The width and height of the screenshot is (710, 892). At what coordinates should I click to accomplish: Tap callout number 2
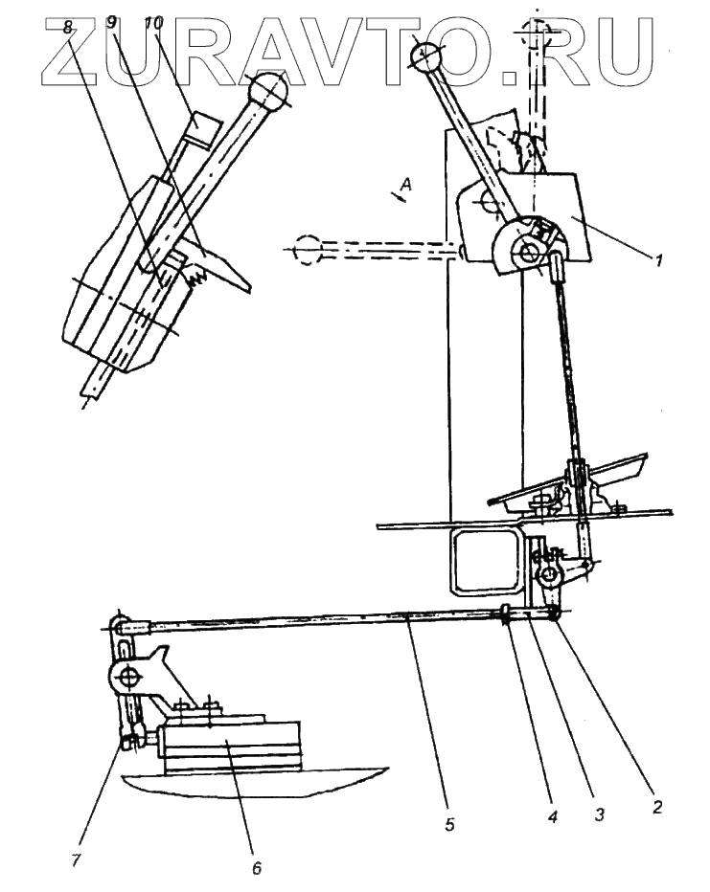pos(657,805)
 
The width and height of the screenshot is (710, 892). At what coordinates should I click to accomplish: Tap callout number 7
pos(74,859)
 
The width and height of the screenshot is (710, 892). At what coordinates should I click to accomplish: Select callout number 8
pos(67,28)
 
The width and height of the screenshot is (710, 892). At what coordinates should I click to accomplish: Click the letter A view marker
pos(406,189)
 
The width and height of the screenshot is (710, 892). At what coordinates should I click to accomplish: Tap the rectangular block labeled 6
pos(230,746)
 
